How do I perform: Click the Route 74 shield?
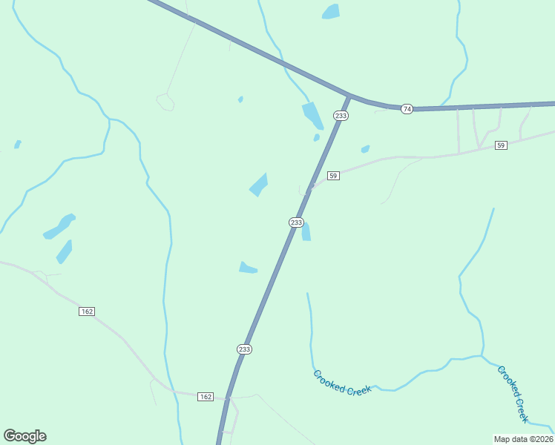click(407, 109)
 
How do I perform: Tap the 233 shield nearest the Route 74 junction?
click(341, 116)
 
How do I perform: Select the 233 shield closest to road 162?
click(245, 349)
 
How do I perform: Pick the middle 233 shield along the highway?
click(296, 222)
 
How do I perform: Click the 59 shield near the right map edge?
click(502, 145)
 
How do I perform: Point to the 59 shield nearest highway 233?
click(333, 176)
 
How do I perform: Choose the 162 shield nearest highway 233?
click(206, 397)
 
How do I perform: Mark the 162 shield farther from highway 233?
click(87, 311)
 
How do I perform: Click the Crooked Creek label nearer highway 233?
click(342, 383)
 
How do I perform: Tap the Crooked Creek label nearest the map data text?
click(513, 393)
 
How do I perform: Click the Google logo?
click(24, 436)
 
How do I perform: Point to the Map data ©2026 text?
click(523, 438)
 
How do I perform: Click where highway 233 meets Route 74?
click(347, 96)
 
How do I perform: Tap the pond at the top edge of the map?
click(331, 11)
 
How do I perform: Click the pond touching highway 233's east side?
click(306, 231)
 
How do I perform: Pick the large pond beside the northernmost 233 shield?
click(312, 116)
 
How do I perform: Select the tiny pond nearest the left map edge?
click(17, 144)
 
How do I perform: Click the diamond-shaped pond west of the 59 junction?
click(259, 184)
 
